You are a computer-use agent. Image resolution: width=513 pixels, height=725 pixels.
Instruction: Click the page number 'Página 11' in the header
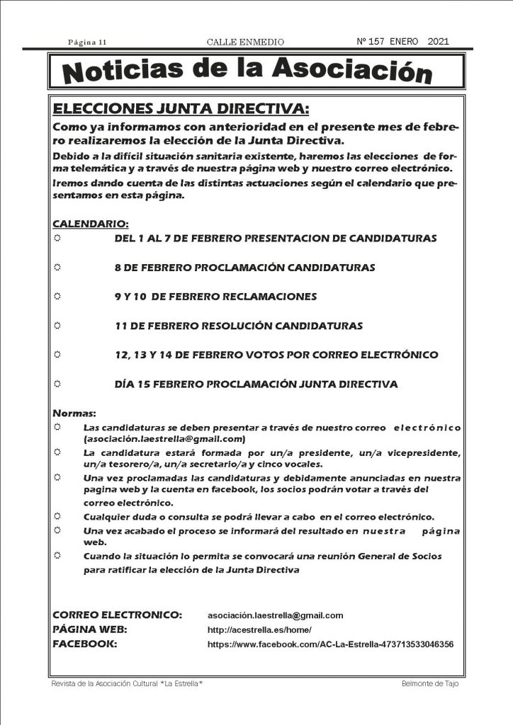coord(87,43)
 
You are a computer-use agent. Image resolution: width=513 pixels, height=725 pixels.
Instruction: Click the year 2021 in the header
coord(439,42)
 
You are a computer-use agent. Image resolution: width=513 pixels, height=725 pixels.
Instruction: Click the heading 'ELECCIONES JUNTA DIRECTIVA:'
coord(182,108)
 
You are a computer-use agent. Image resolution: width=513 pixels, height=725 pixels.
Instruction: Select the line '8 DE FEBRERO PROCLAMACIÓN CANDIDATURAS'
coord(244,268)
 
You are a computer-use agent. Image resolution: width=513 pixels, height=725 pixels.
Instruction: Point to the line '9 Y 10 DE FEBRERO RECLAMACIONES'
coord(215,297)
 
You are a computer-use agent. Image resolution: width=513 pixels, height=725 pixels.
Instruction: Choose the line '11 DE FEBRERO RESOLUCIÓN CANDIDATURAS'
coord(238,326)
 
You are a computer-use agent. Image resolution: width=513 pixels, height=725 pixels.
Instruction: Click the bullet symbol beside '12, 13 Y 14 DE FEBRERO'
coord(58,354)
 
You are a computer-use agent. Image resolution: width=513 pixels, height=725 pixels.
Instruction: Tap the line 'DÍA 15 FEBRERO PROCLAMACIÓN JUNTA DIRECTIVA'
coord(256,384)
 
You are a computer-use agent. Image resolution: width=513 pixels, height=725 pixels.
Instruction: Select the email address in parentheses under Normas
coord(164,439)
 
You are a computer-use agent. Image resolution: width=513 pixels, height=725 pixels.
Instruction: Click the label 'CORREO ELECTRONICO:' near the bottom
coord(118,615)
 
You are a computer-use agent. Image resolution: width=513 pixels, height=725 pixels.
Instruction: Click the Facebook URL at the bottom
coord(330,645)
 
